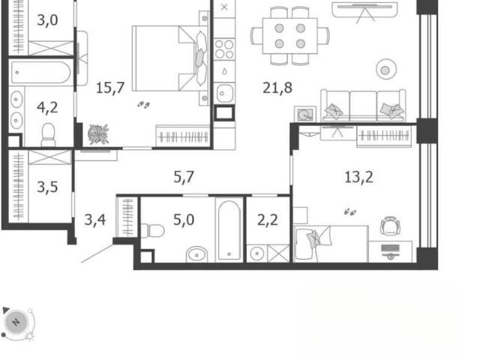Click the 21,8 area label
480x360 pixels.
click(x=277, y=88)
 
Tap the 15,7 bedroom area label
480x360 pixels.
click(x=110, y=88)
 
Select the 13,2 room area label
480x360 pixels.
click(x=358, y=177)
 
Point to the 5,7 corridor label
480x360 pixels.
click(x=184, y=177)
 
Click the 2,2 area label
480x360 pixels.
click(x=268, y=220)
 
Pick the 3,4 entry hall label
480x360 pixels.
click(x=95, y=220)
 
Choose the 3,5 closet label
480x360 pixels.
click(x=47, y=187)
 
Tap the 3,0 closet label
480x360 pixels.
click(x=47, y=20)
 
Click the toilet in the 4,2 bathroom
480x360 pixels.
click(x=48, y=135)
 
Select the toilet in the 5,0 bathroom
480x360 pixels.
click(x=152, y=231)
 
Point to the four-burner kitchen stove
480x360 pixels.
click(x=224, y=49)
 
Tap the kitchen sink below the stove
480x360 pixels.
click(x=224, y=93)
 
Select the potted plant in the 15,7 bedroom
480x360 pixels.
click(x=98, y=134)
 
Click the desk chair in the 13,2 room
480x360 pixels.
click(x=390, y=226)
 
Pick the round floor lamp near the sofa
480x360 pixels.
click(x=385, y=70)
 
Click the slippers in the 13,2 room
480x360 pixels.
click(x=350, y=211)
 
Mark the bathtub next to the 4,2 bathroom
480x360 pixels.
click(x=40, y=73)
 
